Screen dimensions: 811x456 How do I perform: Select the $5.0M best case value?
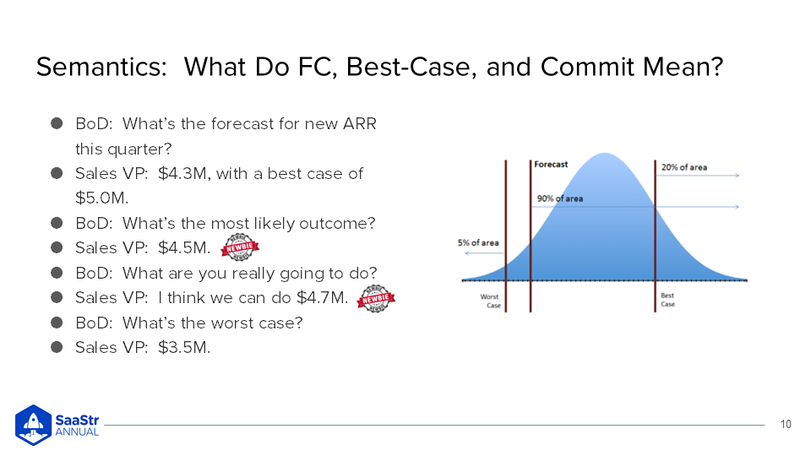tap(101, 198)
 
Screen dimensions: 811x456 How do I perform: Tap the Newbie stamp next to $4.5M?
tap(240, 247)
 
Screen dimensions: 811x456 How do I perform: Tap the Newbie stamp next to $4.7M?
tap(376, 298)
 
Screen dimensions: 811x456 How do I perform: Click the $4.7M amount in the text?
tap(322, 298)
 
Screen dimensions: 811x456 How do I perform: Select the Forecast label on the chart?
tap(551, 165)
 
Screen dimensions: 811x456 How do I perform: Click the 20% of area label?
tap(683, 167)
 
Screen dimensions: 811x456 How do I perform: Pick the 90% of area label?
tap(559, 198)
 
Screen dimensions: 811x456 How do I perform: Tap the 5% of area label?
tap(478, 243)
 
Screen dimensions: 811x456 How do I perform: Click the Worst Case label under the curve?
tap(490, 301)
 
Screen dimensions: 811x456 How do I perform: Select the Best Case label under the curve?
tap(667, 300)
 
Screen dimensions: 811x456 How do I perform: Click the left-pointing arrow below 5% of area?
tap(484, 253)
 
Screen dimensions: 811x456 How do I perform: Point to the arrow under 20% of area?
tap(697, 176)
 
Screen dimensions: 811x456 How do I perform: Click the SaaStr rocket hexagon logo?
tap(34, 425)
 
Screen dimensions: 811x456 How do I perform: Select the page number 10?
tap(785, 425)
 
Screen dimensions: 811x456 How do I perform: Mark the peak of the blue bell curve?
tap(605, 154)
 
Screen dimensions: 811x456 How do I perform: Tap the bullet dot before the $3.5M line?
tap(57, 347)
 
